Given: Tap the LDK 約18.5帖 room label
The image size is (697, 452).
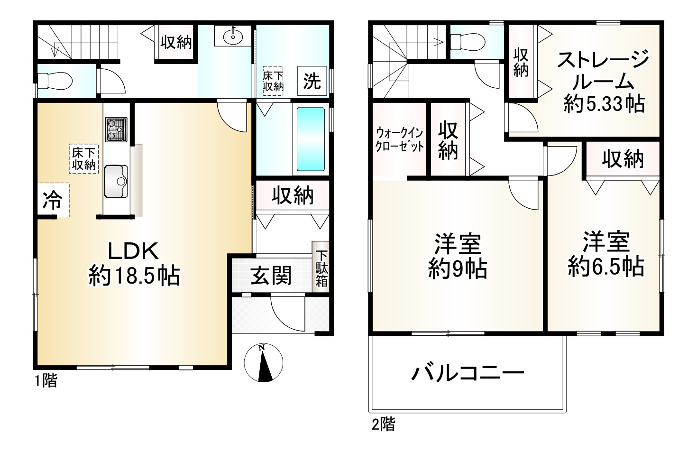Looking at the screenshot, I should (134, 263).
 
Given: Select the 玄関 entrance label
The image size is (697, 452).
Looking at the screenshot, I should (271, 276).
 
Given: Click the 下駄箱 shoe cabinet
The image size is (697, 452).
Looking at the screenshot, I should (321, 269).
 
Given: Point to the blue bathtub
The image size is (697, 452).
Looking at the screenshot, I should (311, 139).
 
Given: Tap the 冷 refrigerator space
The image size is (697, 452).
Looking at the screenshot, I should (52, 201).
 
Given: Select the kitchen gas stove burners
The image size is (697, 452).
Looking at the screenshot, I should (116, 129).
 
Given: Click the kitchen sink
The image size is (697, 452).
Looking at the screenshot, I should (115, 181).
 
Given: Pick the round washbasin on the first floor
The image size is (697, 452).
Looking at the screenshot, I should (232, 35).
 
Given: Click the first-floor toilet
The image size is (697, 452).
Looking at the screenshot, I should (55, 82).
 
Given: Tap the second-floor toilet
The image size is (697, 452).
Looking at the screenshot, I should (468, 41).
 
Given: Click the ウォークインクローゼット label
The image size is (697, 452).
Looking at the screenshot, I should (399, 139).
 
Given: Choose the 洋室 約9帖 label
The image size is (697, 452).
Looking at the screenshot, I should (458, 256).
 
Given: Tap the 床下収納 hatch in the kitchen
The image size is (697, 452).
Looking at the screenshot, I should (84, 159).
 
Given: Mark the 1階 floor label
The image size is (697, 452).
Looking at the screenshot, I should (46, 380).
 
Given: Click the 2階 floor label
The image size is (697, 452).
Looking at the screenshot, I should (383, 424).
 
